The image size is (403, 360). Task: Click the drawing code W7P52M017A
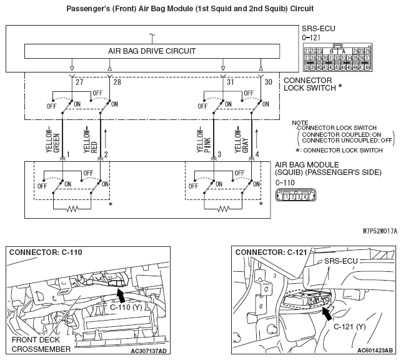[379, 230]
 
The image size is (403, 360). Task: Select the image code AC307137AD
[149, 351]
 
